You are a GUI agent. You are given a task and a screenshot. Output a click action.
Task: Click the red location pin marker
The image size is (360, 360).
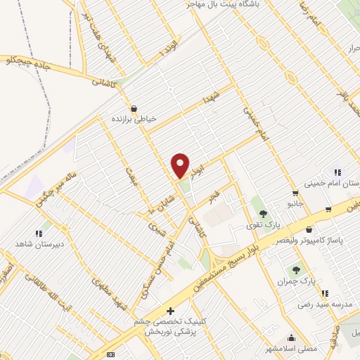[181, 165]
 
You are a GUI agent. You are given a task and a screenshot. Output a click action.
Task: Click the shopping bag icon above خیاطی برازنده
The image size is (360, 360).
[133, 108]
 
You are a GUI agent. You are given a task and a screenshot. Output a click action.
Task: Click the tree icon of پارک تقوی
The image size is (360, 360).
[263, 214]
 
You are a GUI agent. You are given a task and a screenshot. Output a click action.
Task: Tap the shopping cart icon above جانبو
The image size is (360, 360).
[295, 193]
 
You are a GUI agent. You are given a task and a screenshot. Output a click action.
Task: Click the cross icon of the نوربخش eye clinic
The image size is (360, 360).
[169, 310]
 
